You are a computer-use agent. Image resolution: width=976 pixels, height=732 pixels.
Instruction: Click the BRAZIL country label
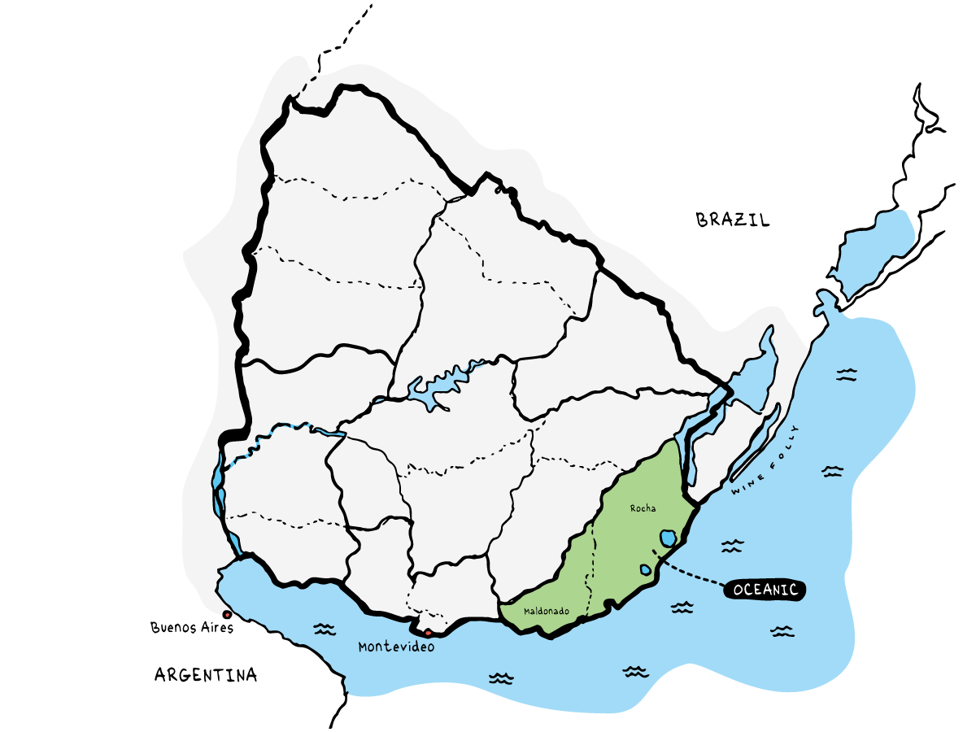733,220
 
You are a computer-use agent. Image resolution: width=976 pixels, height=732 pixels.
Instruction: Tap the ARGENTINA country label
206,674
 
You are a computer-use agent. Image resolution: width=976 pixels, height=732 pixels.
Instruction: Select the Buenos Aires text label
192,627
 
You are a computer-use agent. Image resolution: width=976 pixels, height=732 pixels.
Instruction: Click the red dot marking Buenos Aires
225,614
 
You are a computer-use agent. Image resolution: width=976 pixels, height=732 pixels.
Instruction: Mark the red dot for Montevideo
428,632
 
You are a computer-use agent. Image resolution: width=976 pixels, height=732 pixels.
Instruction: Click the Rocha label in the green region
643,508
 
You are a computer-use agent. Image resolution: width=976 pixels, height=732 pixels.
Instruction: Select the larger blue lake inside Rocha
668,538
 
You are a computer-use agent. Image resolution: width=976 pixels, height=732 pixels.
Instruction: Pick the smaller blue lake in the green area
645,570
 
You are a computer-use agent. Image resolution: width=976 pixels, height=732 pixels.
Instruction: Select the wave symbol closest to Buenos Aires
325,630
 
